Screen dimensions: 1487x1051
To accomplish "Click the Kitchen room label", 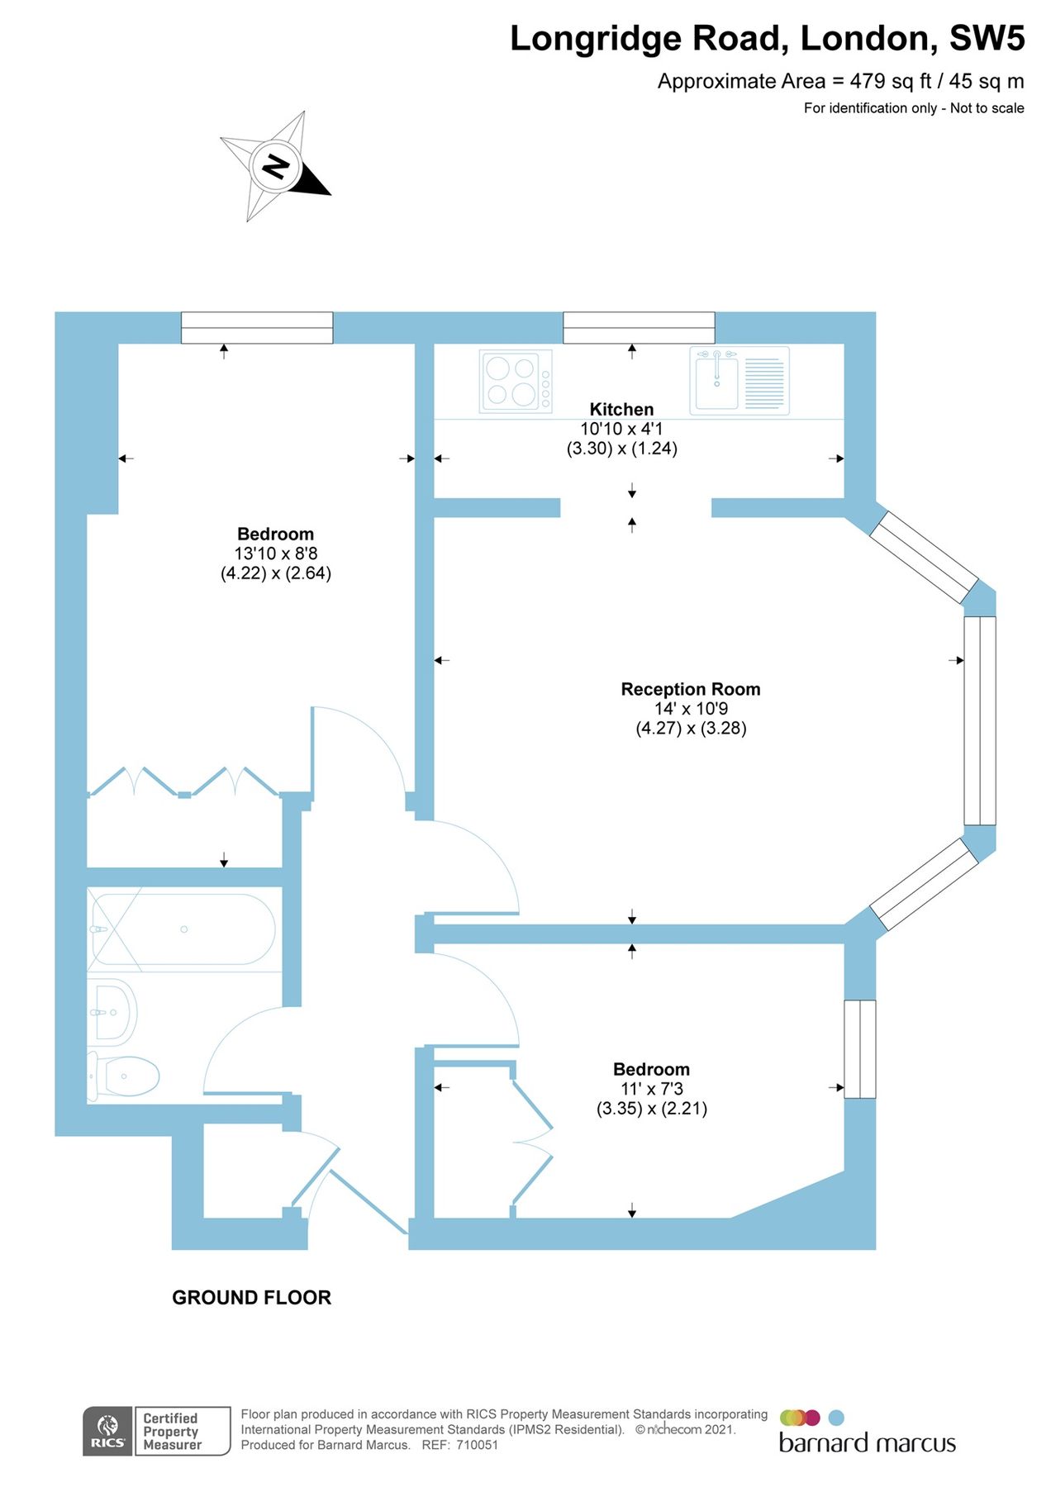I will coord(621,409).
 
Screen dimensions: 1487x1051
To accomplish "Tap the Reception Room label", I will coord(690,689).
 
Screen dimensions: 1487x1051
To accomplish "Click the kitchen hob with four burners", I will coord(516,382).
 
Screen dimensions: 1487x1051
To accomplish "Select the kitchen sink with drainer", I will coord(740,380).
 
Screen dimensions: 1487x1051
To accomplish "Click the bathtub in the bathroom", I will coord(183,929).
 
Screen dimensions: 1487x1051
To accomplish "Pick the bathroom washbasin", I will coord(112,1012).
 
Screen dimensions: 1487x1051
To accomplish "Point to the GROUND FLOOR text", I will coord(251,1298).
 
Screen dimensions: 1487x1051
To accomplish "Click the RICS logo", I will coord(107,1431).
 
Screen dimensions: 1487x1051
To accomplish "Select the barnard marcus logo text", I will coord(867,1443).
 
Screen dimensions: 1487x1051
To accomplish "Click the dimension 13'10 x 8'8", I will coord(275,553).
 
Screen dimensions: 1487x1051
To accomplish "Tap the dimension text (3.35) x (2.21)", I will coord(651,1109).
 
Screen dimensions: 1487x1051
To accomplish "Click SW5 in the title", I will coord(987,39).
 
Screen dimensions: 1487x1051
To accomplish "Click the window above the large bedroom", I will coord(257,328).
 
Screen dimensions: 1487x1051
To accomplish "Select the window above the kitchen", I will coord(639,328).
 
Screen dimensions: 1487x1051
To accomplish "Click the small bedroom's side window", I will coord(859,1049).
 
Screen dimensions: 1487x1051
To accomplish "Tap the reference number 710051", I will coord(477,1445).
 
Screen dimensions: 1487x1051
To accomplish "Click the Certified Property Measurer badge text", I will coord(172,1431).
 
